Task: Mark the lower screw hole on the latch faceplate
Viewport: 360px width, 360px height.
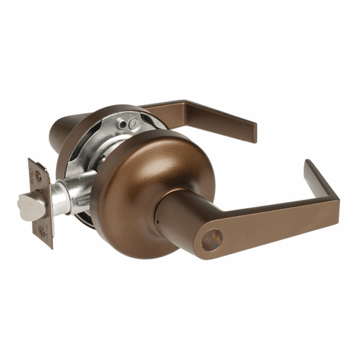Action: coord(42,231)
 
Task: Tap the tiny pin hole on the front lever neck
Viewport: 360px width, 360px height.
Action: coord(162,219)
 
